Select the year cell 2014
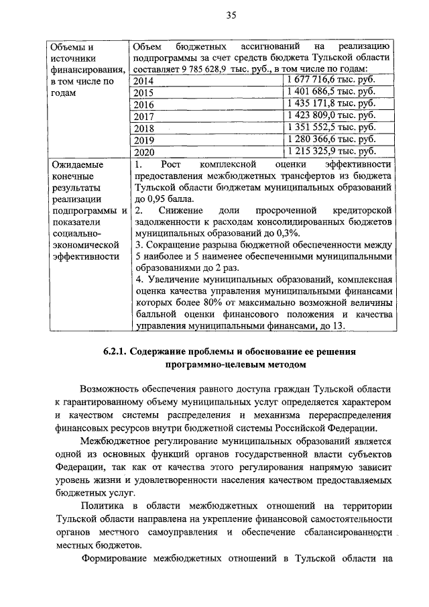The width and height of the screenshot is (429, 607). [143, 81]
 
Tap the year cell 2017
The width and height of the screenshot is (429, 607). [143, 116]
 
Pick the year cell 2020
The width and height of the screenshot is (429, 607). [143, 152]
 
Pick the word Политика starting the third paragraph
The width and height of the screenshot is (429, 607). [100, 504]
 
